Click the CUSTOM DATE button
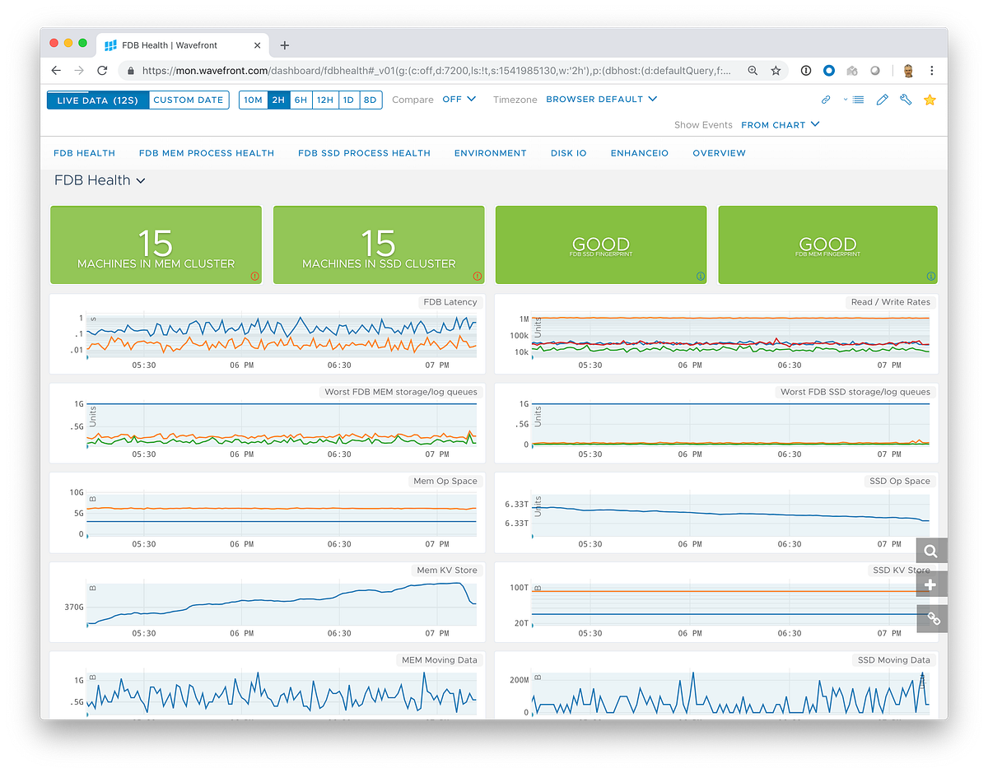(x=189, y=100)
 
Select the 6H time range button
(x=301, y=100)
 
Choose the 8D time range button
(x=370, y=100)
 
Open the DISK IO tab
(x=568, y=153)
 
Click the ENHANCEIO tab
(x=639, y=153)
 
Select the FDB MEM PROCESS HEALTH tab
(x=206, y=153)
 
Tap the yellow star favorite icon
(x=930, y=100)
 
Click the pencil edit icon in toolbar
(x=883, y=100)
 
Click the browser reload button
(x=102, y=71)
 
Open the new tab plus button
(x=285, y=45)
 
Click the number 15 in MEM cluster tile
(x=156, y=244)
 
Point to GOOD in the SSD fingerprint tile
(x=601, y=244)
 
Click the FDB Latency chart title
(x=449, y=302)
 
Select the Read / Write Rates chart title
(x=890, y=302)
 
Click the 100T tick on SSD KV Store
(x=520, y=588)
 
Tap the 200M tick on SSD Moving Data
(x=518, y=680)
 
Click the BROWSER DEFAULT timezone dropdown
(x=601, y=100)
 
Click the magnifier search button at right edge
(x=931, y=552)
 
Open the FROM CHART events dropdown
(x=781, y=125)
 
